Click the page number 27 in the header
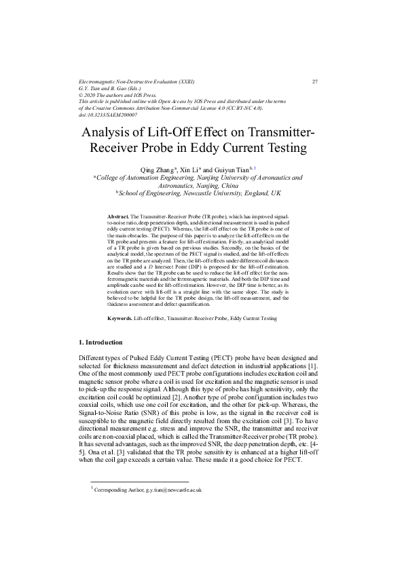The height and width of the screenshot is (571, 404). tap(314, 82)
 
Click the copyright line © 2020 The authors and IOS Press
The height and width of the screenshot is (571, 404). tap(122, 95)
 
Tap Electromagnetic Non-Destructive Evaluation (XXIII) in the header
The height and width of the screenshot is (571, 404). tap(136, 82)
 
